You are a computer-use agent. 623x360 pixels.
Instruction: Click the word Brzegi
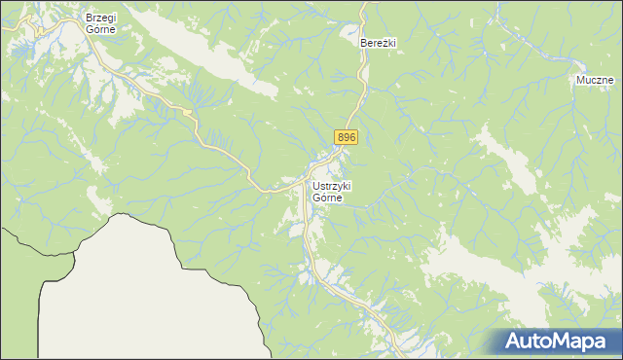click(101, 18)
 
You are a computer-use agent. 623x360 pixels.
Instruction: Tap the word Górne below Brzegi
click(101, 29)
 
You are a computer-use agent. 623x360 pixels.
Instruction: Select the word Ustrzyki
click(332, 186)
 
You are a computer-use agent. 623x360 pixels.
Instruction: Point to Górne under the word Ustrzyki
click(329, 198)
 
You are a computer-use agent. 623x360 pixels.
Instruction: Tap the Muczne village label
click(593, 80)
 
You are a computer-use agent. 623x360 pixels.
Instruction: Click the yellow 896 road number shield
click(347, 138)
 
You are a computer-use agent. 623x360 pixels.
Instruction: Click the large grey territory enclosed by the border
click(146, 292)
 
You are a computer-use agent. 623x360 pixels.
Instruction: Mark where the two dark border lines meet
click(43, 281)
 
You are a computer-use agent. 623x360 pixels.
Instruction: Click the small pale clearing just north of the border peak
click(100, 199)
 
